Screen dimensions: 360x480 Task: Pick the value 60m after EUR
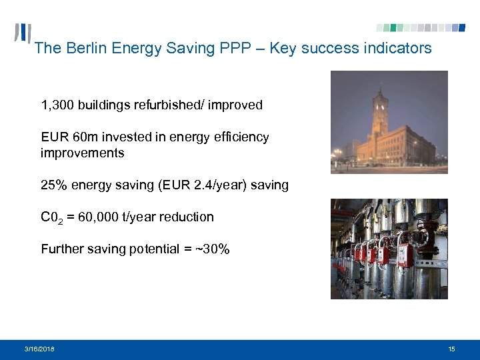click(x=85, y=137)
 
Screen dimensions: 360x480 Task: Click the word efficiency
click(x=240, y=137)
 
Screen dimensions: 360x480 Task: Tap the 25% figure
click(x=54, y=185)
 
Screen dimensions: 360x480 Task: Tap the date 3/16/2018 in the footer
click(x=40, y=349)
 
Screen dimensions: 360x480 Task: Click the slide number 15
click(x=452, y=349)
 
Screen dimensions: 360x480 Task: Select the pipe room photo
click(x=389, y=249)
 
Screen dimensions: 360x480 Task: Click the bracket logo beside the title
click(x=23, y=35)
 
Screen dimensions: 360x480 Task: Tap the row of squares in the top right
click(x=420, y=28)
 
